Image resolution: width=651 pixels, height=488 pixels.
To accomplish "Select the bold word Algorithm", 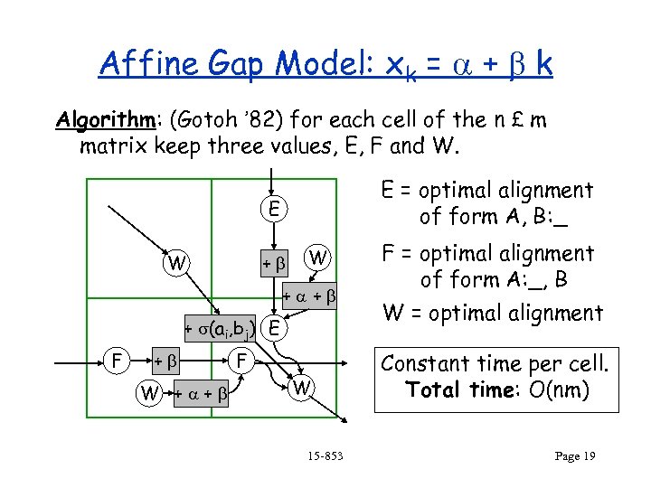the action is (x=93, y=121).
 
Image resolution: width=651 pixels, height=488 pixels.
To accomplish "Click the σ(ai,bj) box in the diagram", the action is (x=220, y=327).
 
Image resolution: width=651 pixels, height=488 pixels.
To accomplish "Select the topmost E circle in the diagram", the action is (x=272, y=209).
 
